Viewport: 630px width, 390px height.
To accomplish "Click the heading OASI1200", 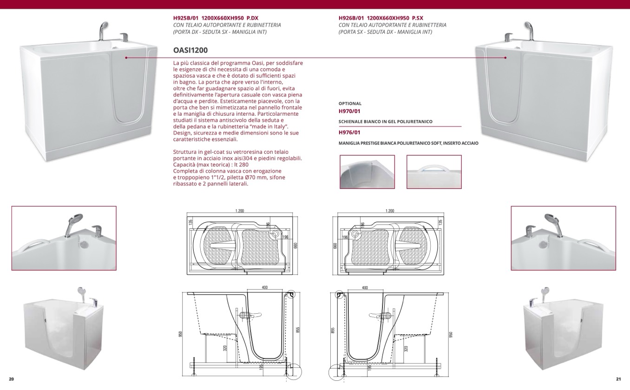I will pyautogui.click(x=190, y=50).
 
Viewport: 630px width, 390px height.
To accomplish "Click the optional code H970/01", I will pyautogui.click(x=349, y=112).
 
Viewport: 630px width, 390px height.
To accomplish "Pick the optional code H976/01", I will pyautogui.click(x=349, y=132).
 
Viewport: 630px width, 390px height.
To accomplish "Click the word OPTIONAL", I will pyautogui.click(x=350, y=104).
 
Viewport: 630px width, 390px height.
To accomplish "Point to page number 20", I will pyautogui.click(x=11, y=379).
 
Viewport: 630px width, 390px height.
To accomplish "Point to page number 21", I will pyautogui.click(x=618, y=379).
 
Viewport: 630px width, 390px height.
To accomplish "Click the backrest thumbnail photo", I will pyautogui.click(x=367, y=172).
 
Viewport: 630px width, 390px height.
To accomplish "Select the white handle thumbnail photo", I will pyautogui.click(x=434, y=172).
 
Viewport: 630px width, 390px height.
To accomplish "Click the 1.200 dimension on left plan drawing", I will pyautogui.click(x=240, y=211).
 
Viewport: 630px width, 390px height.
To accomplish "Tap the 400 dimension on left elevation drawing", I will pyautogui.click(x=265, y=288).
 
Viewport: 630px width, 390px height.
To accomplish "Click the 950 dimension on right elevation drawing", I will pyautogui.click(x=450, y=334).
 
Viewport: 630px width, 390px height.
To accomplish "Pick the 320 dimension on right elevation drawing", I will pyautogui.click(x=406, y=348).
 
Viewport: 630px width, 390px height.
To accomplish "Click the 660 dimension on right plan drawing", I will pyautogui.click(x=335, y=245).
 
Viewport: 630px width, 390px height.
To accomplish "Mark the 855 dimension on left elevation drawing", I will pyautogui.click(x=298, y=330).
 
